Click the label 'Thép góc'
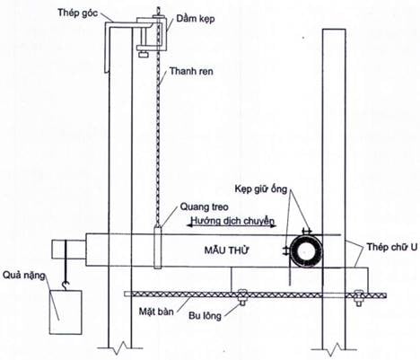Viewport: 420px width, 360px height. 78,13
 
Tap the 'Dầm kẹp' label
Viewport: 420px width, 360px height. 196,19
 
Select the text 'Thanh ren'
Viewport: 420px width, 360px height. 191,71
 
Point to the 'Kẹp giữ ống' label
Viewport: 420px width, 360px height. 261,189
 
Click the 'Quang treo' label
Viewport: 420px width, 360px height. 204,206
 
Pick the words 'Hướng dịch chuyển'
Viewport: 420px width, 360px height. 232,221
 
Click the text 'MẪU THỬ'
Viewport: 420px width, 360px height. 226,250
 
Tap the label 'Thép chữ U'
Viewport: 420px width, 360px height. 392,247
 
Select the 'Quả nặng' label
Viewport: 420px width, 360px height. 24,276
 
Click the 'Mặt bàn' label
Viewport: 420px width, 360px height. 156,312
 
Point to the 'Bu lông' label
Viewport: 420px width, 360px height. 205,316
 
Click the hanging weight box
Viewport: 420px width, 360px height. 66,312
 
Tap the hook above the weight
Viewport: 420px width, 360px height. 66,285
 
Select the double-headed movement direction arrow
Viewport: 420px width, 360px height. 232,225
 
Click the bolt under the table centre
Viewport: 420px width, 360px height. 242,297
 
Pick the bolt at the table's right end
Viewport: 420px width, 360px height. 358,298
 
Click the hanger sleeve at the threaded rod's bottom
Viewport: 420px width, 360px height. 158,247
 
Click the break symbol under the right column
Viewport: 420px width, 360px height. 334,347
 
